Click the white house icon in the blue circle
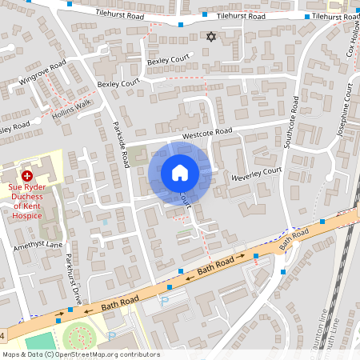(x=180, y=173)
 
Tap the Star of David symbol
(x=211, y=37)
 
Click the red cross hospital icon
(x=26, y=174)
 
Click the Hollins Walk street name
(x=73, y=104)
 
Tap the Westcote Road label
(x=206, y=132)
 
